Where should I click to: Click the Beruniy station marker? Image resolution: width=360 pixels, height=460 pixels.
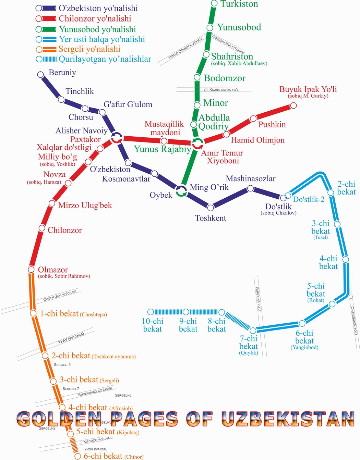click(x=40, y=74)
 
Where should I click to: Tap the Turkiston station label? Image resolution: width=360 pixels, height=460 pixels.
click(x=239, y=4)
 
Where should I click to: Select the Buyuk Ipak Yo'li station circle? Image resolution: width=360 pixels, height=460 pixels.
click(x=293, y=105)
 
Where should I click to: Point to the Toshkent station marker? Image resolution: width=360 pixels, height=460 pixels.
click(x=211, y=207)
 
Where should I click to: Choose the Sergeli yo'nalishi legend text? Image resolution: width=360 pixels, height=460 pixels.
click(x=89, y=49)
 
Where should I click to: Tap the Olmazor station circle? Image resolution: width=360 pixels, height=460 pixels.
click(x=31, y=270)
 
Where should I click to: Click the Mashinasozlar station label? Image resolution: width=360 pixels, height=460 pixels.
click(x=250, y=178)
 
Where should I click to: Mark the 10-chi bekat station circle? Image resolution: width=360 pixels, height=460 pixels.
click(x=151, y=312)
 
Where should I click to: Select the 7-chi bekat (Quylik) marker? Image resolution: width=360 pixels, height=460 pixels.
click(x=253, y=331)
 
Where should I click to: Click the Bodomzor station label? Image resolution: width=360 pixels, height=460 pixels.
click(x=225, y=78)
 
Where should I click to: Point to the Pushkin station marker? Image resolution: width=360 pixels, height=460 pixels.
click(x=253, y=119)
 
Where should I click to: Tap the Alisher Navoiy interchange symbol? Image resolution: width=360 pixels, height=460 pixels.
click(x=117, y=138)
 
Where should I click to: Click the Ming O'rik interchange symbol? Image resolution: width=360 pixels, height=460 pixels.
click(x=181, y=191)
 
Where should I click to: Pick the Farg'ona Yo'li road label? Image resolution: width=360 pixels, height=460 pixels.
click(x=258, y=299)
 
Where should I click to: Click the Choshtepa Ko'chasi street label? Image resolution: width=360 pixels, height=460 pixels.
click(x=60, y=296)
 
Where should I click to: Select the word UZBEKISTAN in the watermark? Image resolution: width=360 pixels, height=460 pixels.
click(x=288, y=419)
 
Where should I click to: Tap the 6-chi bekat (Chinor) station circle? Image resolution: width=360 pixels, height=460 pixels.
click(x=77, y=456)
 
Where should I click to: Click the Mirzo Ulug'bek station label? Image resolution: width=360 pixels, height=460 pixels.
click(x=85, y=205)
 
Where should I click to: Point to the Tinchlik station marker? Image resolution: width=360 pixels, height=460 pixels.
click(x=61, y=100)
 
